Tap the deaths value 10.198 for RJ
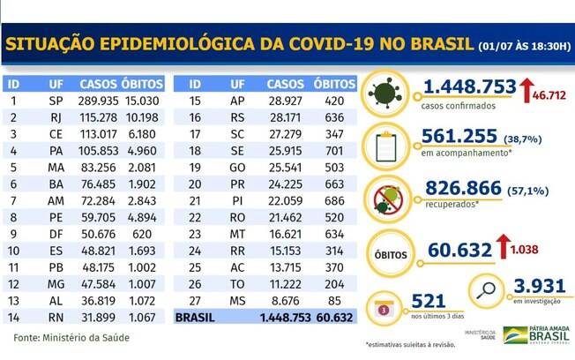point(145,117)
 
